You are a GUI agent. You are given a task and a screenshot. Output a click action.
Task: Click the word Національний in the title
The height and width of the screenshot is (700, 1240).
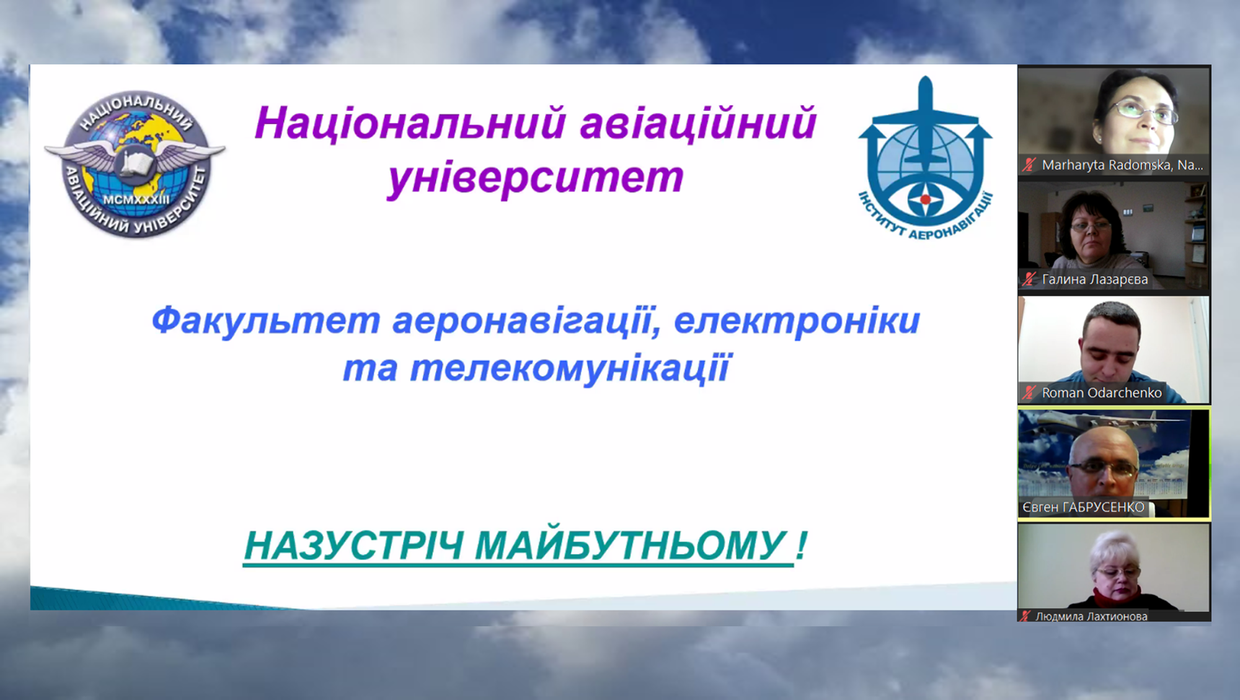coord(410,123)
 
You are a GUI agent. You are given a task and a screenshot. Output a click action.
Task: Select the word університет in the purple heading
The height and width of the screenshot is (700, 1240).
coord(536,178)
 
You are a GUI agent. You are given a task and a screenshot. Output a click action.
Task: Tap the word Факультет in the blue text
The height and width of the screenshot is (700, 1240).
coord(266,321)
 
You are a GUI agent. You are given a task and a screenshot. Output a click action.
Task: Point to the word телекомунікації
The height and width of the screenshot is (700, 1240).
coord(571,368)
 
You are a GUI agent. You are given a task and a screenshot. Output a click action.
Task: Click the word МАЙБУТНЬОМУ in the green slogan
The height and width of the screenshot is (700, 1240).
coord(631,546)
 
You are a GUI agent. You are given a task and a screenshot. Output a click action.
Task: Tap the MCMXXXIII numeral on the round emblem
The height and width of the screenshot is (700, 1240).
coord(136,199)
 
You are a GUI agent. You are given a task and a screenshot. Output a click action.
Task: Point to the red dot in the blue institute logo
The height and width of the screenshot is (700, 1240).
coord(925,199)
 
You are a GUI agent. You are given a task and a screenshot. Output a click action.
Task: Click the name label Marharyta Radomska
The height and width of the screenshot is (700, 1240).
coord(1122,165)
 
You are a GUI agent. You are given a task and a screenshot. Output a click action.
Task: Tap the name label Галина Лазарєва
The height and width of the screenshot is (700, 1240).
coord(1095,279)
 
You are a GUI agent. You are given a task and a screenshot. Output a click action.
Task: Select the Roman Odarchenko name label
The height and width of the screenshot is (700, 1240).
coord(1102,393)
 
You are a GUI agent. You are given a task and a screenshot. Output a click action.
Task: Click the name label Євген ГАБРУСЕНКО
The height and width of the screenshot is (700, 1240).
coord(1083,507)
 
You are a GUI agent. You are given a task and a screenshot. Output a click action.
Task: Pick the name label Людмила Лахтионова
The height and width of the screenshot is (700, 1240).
coord(1091,616)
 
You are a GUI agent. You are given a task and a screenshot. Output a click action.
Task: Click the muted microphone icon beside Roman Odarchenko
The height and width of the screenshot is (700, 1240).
coord(1030,393)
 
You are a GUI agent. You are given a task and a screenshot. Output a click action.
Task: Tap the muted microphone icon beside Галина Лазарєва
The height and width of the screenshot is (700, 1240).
coord(1030,279)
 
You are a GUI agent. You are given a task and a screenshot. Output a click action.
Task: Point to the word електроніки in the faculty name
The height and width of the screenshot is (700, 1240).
coord(797,321)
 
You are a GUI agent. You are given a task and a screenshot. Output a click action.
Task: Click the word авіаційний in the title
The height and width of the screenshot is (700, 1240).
coord(698,123)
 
